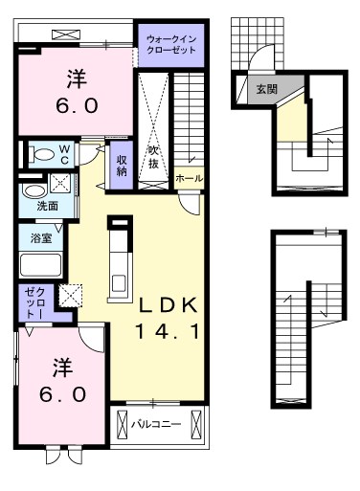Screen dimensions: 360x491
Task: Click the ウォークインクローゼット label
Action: click(171, 45)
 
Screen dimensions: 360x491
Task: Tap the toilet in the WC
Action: click(41, 155)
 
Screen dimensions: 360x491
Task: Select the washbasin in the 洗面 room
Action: click(34, 191)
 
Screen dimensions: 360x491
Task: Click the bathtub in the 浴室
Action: click(40, 265)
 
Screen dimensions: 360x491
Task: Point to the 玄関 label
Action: click(267, 89)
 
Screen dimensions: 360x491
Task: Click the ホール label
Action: click(189, 178)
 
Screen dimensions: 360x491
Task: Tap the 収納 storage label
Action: click(122, 166)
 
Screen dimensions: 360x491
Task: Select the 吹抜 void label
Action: click(153, 158)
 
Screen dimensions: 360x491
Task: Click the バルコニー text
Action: click(156, 424)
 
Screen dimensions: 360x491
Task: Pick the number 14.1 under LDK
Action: click(168, 331)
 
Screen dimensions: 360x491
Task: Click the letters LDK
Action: click(168, 305)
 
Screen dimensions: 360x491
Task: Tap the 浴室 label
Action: click(41, 237)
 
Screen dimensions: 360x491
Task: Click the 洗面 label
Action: click(48, 206)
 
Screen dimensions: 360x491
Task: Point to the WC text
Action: click(64, 154)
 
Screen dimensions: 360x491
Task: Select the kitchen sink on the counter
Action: click(119, 283)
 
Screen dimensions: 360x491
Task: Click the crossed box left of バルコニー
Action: click(122, 424)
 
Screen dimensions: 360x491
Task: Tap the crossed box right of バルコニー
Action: click(196, 424)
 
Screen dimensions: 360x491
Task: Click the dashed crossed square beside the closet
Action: click(71, 295)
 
